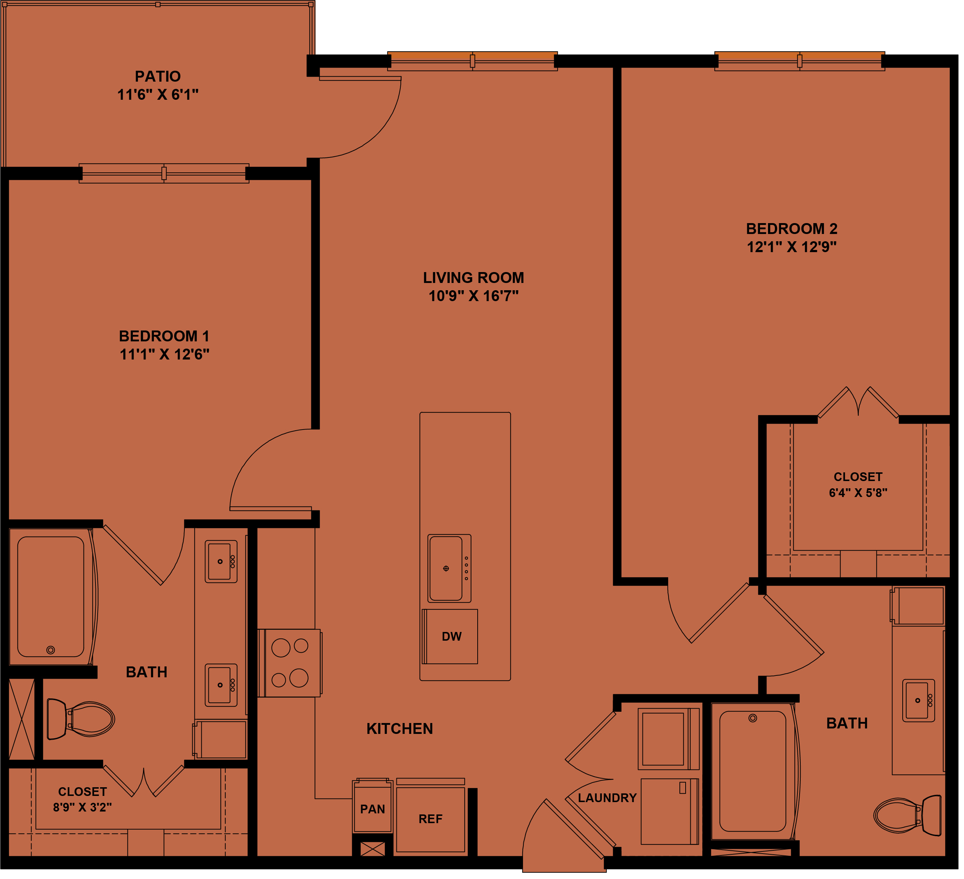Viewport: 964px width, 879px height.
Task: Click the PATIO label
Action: click(158, 77)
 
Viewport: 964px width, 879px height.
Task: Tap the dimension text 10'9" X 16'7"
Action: click(473, 296)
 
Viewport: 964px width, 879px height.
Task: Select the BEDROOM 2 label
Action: click(792, 229)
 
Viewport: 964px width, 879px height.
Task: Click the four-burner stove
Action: click(290, 663)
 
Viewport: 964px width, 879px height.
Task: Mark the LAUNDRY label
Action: click(607, 798)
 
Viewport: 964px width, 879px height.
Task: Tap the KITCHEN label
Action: click(400, 728)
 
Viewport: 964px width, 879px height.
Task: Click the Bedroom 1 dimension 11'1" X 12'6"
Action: click(164, 354)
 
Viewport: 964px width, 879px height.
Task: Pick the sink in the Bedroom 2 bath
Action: click(919, 701)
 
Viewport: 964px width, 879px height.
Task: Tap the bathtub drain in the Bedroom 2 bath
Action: click(753, 718)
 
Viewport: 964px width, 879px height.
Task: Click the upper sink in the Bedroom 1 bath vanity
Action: click(221, 562)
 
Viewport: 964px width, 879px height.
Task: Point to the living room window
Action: click(473, 61)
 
